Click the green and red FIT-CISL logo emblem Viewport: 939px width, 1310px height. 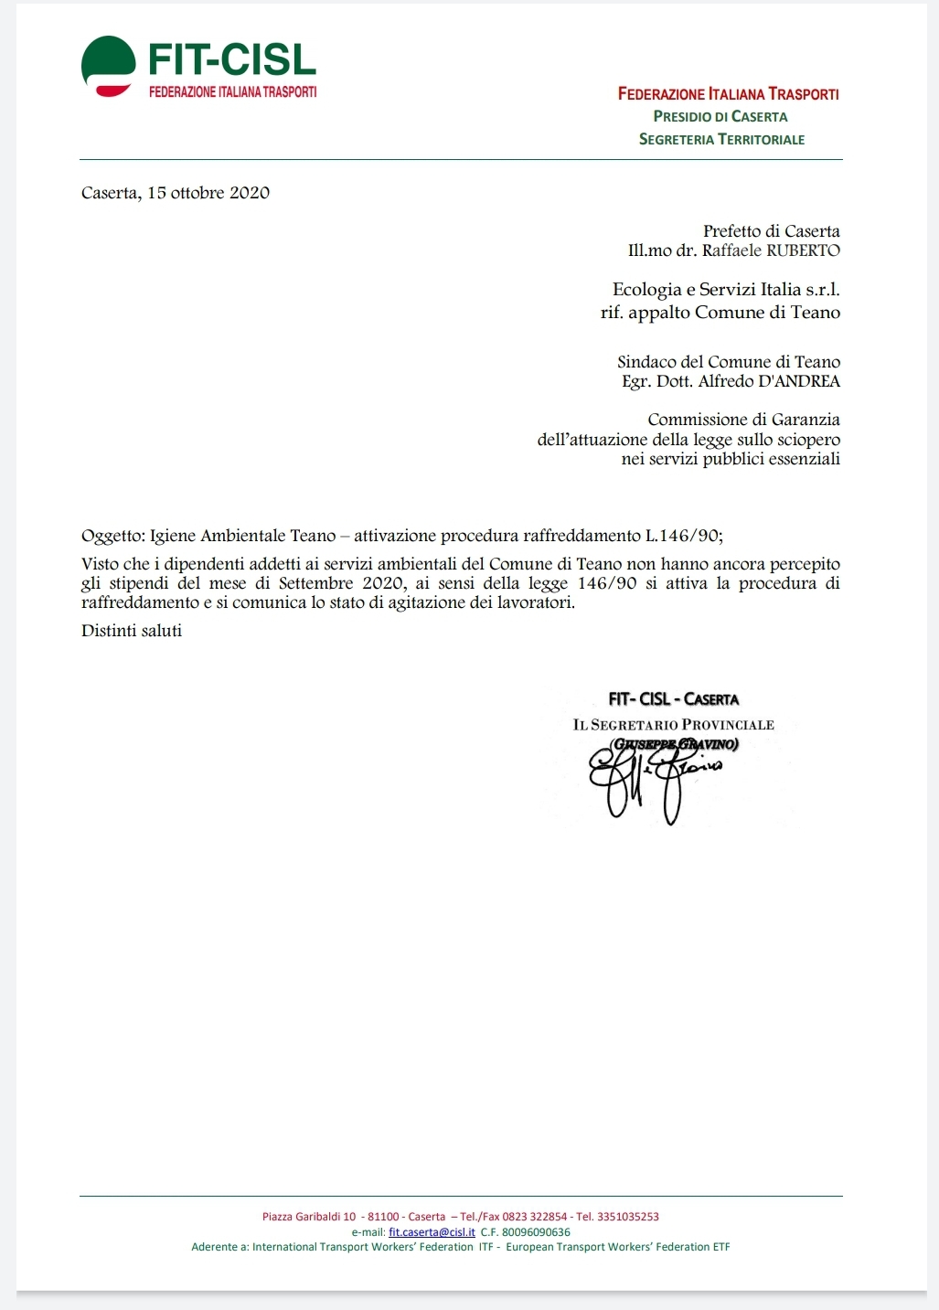108,67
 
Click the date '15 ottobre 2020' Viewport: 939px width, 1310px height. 208,193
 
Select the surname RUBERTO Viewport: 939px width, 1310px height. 803,250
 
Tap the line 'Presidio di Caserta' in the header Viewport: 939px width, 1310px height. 720,117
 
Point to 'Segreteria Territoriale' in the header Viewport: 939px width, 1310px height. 721,140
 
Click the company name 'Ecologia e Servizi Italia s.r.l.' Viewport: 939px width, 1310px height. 726,290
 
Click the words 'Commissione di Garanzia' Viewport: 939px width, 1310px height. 743,420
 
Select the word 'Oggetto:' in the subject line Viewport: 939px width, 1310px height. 112,537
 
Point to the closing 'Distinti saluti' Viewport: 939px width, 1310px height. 132,631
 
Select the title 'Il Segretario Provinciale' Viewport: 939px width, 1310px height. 673,725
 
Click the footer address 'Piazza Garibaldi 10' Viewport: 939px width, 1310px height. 309,1217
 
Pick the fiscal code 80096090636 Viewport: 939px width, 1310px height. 536,1232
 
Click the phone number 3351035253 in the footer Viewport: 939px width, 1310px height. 627,1217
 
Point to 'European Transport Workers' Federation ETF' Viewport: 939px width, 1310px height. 618,1247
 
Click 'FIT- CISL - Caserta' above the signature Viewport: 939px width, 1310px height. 673,699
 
